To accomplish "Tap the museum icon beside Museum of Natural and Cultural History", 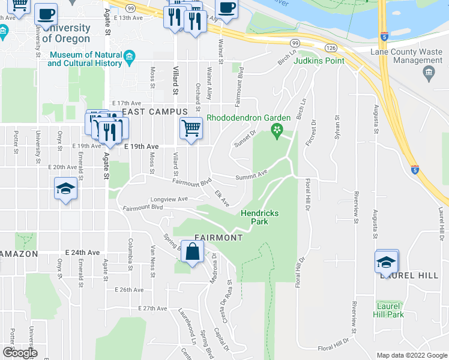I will point(130,58).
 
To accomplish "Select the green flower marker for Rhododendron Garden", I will point(277,130).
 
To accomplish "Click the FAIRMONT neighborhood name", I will point(218,238).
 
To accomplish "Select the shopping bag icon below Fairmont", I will point(191,253).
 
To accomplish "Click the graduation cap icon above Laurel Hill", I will point(387,261).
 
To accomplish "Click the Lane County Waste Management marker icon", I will point(429,73).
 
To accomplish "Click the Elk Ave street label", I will point(222,199).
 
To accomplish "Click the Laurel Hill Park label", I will point(388,310).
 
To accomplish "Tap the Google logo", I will point(19,353).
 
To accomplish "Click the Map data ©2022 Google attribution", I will point(411,355).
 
